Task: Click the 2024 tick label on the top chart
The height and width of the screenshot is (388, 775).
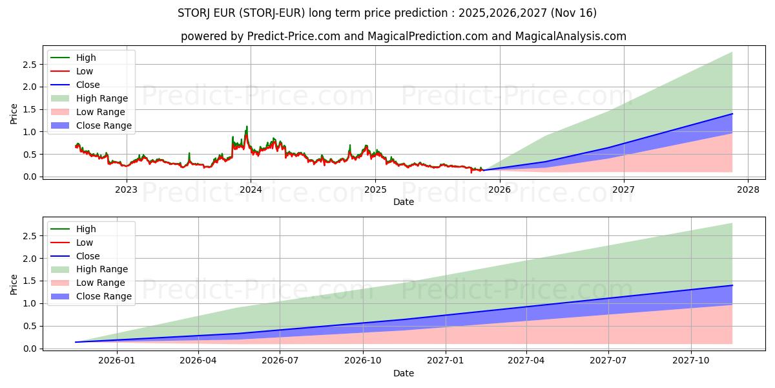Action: [251, 189]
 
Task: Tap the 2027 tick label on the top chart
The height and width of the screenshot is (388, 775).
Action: [623, 189]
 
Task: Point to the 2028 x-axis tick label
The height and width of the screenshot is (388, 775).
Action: [747, 189]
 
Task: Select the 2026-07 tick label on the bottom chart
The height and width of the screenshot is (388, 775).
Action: [280, 361]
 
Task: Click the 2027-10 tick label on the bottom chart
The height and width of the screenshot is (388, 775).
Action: [692, 361]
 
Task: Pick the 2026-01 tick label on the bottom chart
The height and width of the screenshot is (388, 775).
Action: [116, 361]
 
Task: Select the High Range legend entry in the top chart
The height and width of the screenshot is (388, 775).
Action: [102, 98]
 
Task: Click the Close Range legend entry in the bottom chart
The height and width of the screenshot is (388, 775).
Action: [103, 297]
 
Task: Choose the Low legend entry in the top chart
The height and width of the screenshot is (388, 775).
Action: [85, 71]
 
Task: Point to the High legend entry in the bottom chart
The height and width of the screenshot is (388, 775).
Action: [86, 229]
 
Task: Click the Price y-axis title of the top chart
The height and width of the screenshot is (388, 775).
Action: [14, 114]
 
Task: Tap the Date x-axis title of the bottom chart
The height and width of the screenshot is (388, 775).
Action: [404, 373]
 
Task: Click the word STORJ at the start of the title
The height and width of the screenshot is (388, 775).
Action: [192, 13]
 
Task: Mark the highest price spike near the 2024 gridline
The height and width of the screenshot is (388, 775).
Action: [247, 127]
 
